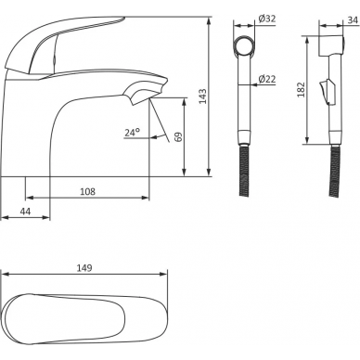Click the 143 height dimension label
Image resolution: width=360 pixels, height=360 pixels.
coord(202,96)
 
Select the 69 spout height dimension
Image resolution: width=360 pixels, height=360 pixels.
coord(179,136)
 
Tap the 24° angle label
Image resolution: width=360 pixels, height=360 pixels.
coord(132,133)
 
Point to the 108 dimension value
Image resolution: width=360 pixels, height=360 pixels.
coord(88,192)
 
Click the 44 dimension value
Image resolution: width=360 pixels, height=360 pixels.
coord(25,212)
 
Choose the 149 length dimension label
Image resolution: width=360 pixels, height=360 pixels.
coord(84,268)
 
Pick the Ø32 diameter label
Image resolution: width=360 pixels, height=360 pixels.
coord(267,19)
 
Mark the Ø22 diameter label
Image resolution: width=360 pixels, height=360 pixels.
coord(267,79)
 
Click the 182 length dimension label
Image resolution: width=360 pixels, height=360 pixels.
coord(301,90)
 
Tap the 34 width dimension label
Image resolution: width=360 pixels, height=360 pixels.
coord(353,20)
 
